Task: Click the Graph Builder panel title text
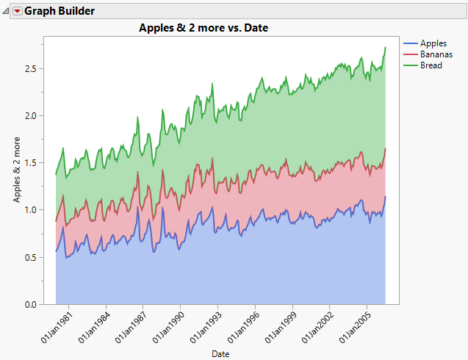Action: pos(60,11)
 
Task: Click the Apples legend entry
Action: pos(433,43)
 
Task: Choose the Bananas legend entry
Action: pos(436,54)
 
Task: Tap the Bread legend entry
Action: pos(431,65)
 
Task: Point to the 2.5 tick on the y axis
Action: pos(33,68)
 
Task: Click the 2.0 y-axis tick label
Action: pos(33,115)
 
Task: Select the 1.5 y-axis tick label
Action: pos(33,162)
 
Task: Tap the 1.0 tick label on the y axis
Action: pos(33,210)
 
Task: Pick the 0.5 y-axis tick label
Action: pos(33,257)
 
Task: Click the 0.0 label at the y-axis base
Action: pos(33,304)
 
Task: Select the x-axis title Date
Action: pos(220,354)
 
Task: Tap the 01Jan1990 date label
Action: pos(170,328)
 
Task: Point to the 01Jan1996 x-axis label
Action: pos(245,328)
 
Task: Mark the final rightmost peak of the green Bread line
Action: pos(386,48)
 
